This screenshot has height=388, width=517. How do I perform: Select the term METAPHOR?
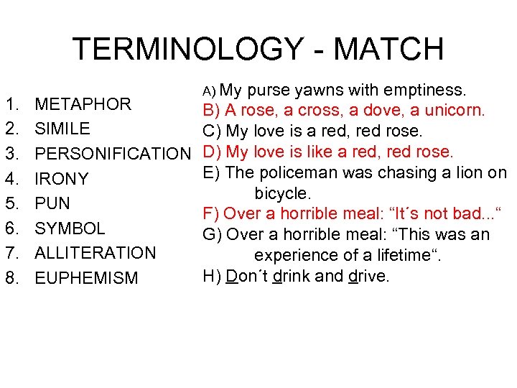(83, 104)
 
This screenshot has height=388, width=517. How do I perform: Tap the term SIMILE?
(62, 129)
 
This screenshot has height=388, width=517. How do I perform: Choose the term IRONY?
(62, 179)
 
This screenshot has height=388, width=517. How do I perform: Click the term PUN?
(52, 203)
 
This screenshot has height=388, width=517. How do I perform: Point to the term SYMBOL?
(70, 228)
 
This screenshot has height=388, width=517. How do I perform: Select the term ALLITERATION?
(96, 253)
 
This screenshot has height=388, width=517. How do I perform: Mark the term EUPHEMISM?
(86, 278)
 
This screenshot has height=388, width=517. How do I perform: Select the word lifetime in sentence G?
(399, 255)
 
